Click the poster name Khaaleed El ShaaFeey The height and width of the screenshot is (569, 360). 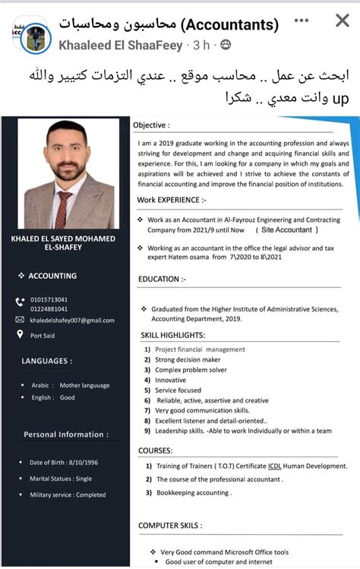(x=121, y=46)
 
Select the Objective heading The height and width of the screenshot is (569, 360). (x=151, y=125)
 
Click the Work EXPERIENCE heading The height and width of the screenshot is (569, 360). (x=172, y=200)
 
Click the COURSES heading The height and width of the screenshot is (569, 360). (x=155, y=450)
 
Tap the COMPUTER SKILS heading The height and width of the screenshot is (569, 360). (x=169, y=525)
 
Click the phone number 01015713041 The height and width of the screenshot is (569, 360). (x=49, y=299)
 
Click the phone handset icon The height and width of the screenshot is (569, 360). (x=21, y=303)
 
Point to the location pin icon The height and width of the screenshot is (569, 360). (x=21, y=335)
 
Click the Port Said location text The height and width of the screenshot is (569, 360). (x=43, y=335)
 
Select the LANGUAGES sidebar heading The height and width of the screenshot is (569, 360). (x=47, y=361)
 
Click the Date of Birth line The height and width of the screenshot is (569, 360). (x=64, y=462)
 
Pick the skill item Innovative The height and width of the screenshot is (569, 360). (x=170, y=380)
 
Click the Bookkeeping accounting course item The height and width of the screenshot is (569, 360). (x=194, y=492)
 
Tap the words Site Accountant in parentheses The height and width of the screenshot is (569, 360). (x=287, y=229)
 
